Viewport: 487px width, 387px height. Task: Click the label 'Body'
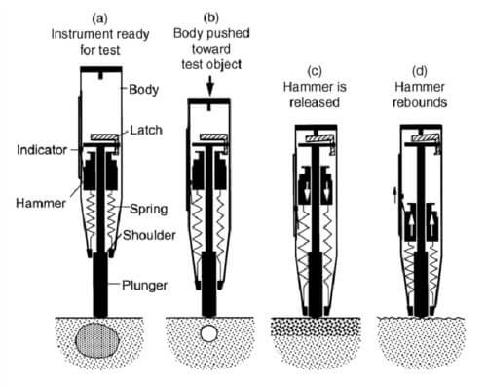coord(143,90)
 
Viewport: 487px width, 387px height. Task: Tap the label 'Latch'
coord(146,130)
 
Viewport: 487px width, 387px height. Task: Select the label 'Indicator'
coord(42,150)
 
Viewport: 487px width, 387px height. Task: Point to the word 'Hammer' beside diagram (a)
coord(41,204)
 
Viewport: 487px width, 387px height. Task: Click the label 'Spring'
coord(149,210)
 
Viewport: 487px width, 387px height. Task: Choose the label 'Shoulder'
coord(149,235)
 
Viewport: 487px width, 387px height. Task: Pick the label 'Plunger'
coord(144,286)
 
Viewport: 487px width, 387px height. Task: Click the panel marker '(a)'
coord(99,19)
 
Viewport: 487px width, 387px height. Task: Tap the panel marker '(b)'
coord(211,18)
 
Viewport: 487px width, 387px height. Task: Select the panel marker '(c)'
coord(315,71)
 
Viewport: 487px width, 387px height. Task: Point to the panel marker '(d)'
coord(420,71)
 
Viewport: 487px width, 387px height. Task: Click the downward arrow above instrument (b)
coord(210,86)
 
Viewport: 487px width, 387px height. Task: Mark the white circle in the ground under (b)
coord(208,333)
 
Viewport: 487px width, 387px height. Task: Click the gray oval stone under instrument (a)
coord(97,340)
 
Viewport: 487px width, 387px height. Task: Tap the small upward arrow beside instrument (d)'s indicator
coord(394,195)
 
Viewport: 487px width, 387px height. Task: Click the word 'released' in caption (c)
coord(315,102)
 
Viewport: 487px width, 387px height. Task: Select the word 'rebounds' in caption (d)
coord(420,102)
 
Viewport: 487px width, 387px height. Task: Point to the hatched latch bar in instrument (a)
coord(104,137)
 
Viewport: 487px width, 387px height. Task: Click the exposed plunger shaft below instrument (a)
coord(100,285)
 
